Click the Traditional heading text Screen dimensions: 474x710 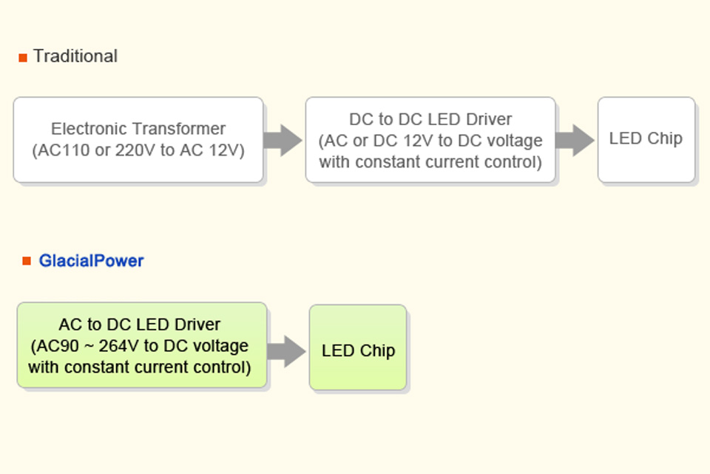pyautogui.click(x=75, y=56)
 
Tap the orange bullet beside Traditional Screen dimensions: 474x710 pyautogui.click(x=23, y=58)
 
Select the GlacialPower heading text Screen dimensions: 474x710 pyautogui.click(x=91, y=261)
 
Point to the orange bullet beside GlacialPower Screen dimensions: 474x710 pyautogui.click(x=27, y=261)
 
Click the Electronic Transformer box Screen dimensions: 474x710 pyautogui.click(x=138, y=139)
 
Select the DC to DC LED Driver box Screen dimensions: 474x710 pyautogui.click(x=430, y=139)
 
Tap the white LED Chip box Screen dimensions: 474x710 pyautogui.click(x=646, y=139)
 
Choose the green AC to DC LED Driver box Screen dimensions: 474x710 pyautogui.click(x=141, y=344)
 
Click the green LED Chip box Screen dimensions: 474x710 pyautogui.click(x=358, y=347)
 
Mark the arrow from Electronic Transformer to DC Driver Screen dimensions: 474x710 pyautogui.click(x=283, y=139)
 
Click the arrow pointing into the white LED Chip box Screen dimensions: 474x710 pyautogui.click(x=575, y=139)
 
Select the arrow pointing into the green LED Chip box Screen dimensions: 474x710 pyautogui.click(x=286, y=350)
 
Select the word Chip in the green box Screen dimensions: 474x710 pyautogui.click(x=377, y=351)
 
